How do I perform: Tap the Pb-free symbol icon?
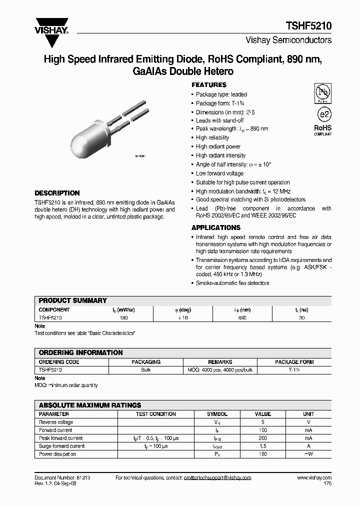[x=322, y=93]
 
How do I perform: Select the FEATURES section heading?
[x=209, y=85]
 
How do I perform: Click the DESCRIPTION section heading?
[x=57, y=193]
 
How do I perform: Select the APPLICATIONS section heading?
[x=216, y=227]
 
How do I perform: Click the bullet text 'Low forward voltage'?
[x=219, y=173]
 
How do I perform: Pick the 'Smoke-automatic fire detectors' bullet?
[x=232, y=283]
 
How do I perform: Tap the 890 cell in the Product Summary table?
[x=242, y=317]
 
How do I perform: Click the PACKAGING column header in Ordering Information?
[x=146, y=362]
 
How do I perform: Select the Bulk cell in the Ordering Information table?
[x=146, y=370]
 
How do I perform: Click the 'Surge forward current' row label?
[x=62, y=446]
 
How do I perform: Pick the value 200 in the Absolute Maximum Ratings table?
[x=263, y=438]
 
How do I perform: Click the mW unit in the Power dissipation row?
[x=308, y=454]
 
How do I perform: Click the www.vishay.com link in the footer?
[x=314, y=478]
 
